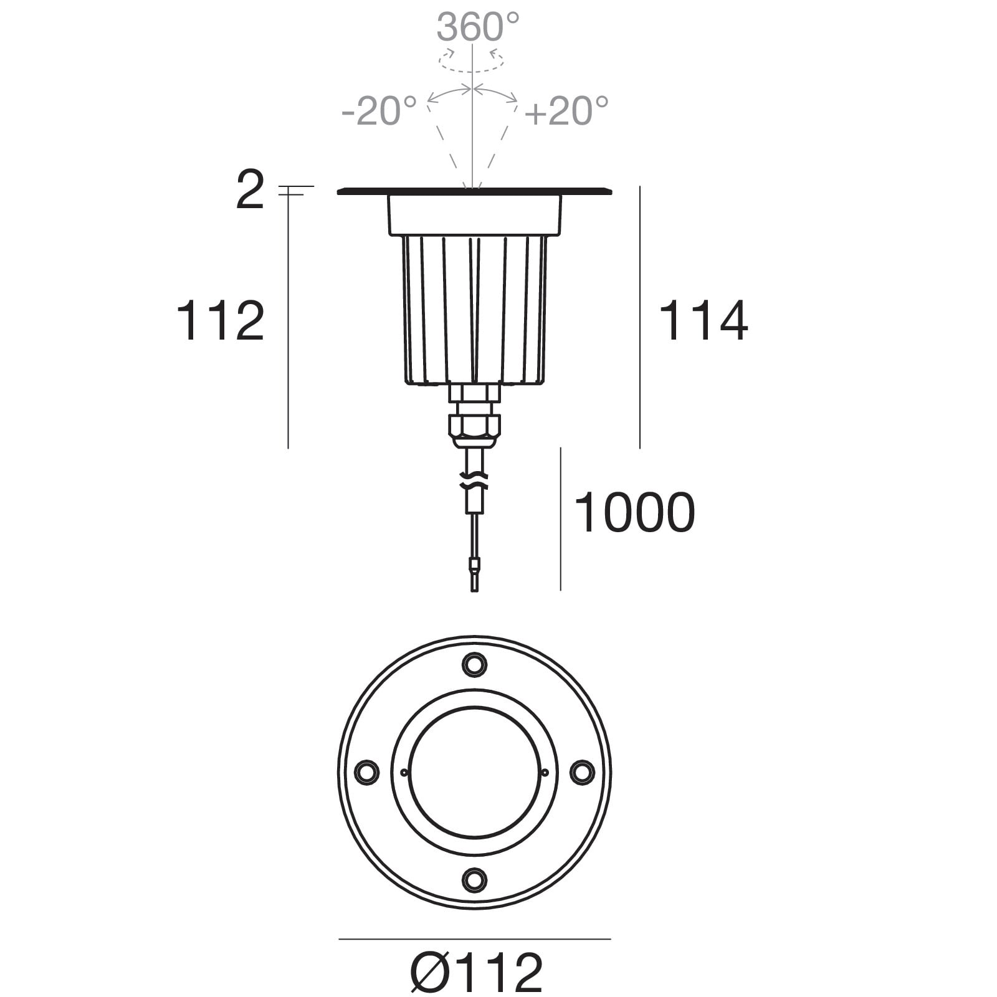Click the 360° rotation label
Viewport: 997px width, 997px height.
[x=478, y=27]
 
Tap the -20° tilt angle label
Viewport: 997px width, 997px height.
[x=379, y=111]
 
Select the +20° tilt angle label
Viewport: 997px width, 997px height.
[x=566, y=111]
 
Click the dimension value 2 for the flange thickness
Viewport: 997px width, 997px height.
[x=250, y=191]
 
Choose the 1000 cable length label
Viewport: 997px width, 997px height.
[x=634, y=512]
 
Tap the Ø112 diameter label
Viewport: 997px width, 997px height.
[x=477, y=972]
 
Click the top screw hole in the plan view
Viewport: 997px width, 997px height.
[x=474, y=664]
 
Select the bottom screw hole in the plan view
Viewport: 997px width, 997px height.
[x=474, y=879]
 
